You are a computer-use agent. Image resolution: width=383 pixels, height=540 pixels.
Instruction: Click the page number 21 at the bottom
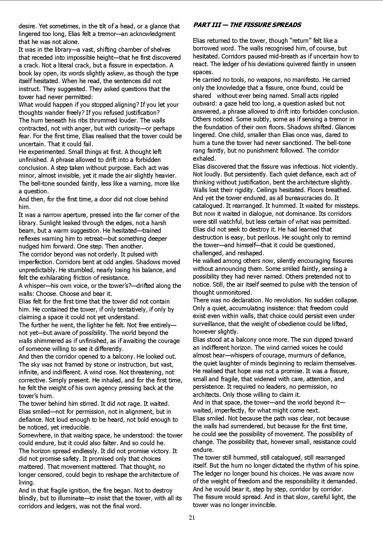pos(191,518)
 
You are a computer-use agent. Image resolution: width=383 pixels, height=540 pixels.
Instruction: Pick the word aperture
pos(68,215)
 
